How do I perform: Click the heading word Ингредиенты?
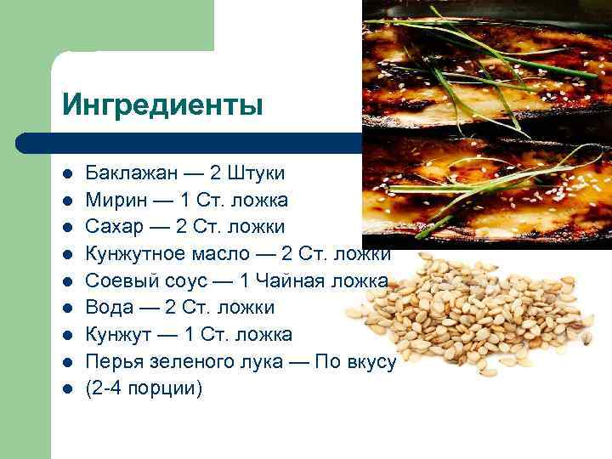tap(162, 105)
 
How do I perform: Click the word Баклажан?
tap(132, 173)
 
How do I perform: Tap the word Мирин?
tap(116, 201)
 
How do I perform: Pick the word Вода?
tap(108, 308)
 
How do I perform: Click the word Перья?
tap(115, 361)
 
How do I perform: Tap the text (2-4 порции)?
tap(144, 388)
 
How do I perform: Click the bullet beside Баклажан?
tap(66, 174)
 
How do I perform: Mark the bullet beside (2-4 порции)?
tap(66, 389)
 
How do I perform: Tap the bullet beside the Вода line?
tap(66, 309)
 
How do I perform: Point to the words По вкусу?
tap(355, 361)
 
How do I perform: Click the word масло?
tap(224, 254)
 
